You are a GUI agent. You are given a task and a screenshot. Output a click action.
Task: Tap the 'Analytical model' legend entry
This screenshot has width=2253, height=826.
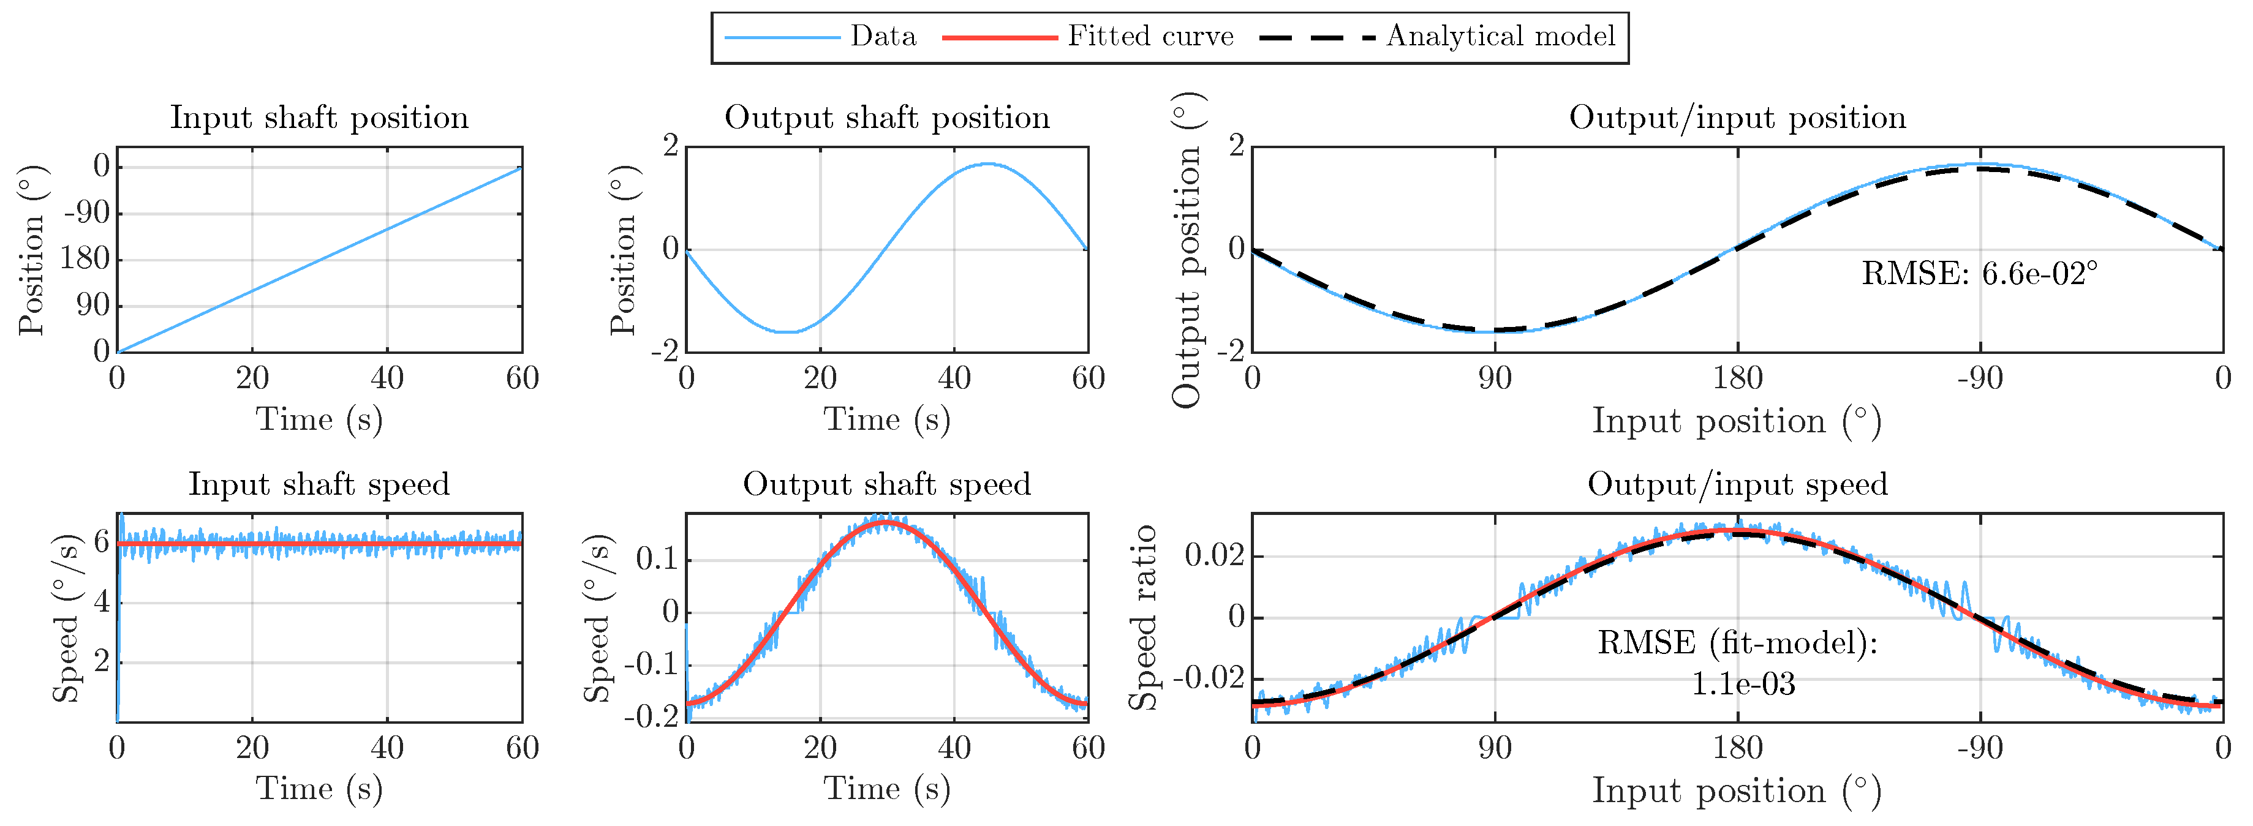(1500, 36)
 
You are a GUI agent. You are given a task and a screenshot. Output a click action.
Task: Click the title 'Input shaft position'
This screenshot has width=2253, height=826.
(319, 117)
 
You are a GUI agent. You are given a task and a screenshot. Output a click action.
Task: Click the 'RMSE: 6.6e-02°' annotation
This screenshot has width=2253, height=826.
(1979, 274)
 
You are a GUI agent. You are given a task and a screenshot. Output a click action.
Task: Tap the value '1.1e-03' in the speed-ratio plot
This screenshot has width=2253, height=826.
(1742, 683)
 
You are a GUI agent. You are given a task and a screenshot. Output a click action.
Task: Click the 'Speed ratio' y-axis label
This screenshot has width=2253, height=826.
(1142, 617)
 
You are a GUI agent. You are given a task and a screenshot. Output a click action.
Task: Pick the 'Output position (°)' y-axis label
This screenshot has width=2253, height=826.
(1187, 250)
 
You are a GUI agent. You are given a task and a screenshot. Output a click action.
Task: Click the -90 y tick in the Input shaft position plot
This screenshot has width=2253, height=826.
(88, 212)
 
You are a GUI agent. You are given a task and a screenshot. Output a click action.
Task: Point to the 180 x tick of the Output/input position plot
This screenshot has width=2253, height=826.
(1737, 378)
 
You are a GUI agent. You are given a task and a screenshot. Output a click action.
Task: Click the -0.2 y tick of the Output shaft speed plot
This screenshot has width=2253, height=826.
(651, 716)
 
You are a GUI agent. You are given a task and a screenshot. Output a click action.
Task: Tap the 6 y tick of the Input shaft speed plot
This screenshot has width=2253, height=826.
(102, 542)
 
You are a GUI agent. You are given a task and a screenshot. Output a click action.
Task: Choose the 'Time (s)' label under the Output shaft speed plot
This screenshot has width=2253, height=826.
(887, 789)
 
